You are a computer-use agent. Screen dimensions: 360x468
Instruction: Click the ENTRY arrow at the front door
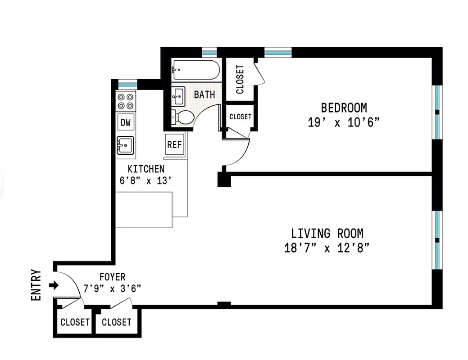pos(54,285)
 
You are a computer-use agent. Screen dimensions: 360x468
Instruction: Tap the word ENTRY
pos(36,285)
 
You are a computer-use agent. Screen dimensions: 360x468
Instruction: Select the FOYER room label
pos(113,277)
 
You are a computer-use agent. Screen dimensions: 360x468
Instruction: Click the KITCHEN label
pos(146,169)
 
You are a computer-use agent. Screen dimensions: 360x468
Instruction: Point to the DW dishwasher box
pos(126,122)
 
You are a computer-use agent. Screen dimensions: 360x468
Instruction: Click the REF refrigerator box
pos(174,144)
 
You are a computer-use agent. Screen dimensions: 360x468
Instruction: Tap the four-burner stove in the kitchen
pos(126,101)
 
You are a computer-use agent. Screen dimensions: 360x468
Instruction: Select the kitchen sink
pos(125,145)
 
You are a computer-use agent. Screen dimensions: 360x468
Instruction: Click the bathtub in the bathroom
pos(195,70)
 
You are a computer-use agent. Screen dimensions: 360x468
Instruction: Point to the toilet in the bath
pos(183,117)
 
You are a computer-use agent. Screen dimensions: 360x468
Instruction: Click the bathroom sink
pos(177,96)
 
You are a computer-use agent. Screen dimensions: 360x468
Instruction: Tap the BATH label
pos(204,95)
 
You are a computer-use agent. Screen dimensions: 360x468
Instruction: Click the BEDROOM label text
pos(344,108)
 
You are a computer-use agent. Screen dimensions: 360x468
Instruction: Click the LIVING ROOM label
pos(327,234)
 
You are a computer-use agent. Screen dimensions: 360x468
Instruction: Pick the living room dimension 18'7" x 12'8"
pos(327,248)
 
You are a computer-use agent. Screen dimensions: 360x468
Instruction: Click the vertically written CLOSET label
pos(240,79)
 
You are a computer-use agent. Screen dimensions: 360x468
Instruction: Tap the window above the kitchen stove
pos(127,84)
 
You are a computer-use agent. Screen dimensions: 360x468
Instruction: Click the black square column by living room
pos(224,180)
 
